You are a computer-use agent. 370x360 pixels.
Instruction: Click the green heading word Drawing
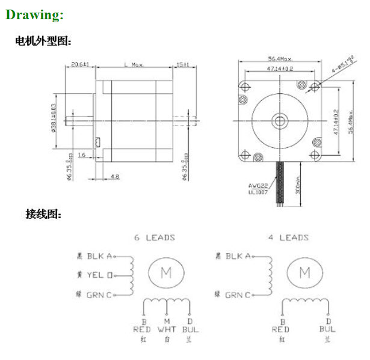pyautogui.click(x=34, y=15)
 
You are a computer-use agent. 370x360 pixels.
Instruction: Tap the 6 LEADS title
pyautogui.click(x=154, y=237)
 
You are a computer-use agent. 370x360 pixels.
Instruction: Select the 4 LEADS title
pyautogui.click(x=288, y=237)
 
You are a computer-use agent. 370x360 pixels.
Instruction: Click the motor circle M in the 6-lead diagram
pyautogui.click(x=165, y=272)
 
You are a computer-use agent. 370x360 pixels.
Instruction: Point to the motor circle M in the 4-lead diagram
pyautogui.click(x=304, y=272)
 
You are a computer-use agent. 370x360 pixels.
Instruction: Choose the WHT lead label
pyautogui.click(x=166, y=329)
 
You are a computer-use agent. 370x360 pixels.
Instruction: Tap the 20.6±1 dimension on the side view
pyautogui.click(x=80, y=64)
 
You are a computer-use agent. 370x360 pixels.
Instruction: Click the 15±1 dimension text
pyautogui.click(x=183, y=64)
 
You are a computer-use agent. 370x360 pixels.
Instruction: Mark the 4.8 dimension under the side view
pyautogui.click(x=114, y=176)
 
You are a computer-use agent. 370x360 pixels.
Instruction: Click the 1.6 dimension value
pyautogui.click(x=81, y=154)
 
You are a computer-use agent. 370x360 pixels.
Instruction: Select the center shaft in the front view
pyautogui.click(x=279, y=121)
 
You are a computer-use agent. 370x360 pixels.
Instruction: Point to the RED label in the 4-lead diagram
pyautogui.click(x=280, y=329)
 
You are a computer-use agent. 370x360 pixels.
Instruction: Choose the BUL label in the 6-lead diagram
pyautogui.click(x=191, y=329)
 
